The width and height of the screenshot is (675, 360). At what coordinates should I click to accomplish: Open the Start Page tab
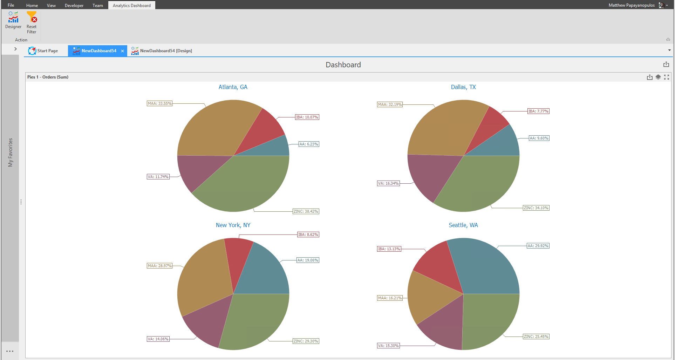pos(43,51)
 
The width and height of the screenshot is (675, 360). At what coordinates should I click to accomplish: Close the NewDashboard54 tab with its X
pos(122,51)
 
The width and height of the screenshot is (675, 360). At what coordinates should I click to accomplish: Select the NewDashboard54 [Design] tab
pos(162,51)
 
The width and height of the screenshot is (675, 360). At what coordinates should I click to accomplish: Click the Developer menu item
pos(74,5)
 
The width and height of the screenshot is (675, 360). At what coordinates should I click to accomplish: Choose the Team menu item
pos(98,5)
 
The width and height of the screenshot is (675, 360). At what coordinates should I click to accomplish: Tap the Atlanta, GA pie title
pos(233,87)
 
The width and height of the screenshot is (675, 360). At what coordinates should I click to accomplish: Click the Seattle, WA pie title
pos(463,225)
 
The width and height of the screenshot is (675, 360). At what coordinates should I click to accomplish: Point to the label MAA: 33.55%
pos(160,103)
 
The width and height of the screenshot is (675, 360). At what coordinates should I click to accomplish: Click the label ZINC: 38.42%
pos(306,211)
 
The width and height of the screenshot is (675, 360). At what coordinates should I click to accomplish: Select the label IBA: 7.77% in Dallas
pos(538,111)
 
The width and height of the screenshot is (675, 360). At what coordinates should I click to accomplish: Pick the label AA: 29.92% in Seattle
pos(538,246)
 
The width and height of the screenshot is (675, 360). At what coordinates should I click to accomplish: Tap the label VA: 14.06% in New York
pos(158,339)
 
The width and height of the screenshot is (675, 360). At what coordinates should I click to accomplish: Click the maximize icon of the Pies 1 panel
pos(667,77)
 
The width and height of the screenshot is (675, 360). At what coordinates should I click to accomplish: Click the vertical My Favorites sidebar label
pos(11,152)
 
